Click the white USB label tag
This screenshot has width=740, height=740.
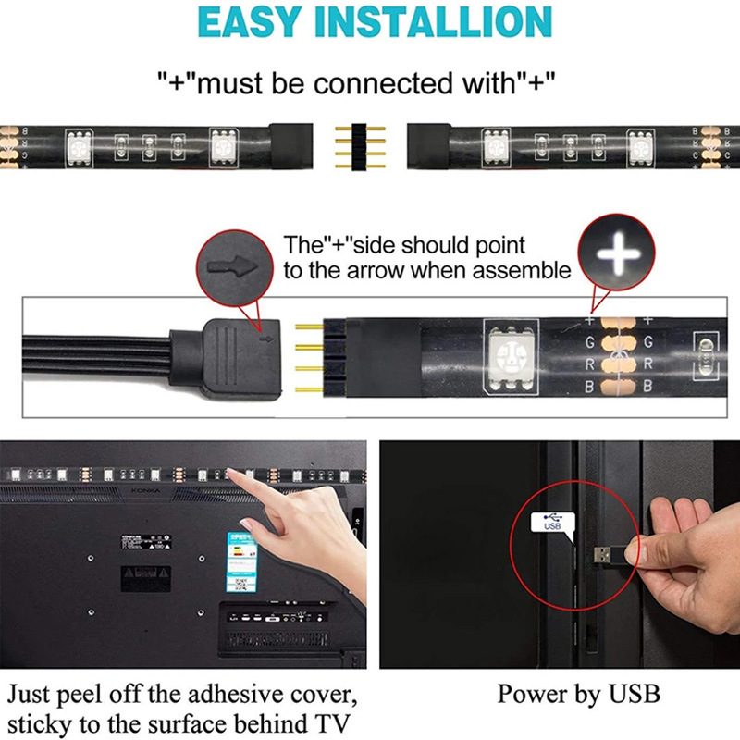tap(552, 524)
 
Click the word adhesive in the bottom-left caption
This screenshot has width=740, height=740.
tap(220, 694)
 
